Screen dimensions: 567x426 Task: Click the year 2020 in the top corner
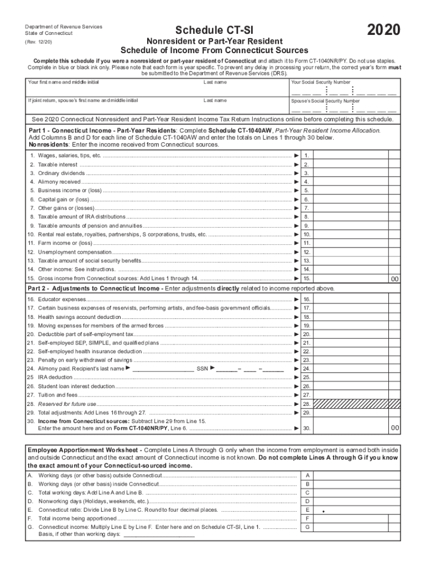(x=383, y=30)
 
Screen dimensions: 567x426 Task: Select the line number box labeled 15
(x=306, y=279)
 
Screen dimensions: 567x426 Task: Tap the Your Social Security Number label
(x=320, y=83)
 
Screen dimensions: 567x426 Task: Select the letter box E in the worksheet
(x=307, y=509)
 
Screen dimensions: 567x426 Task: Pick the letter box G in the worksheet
(x=307, y=527)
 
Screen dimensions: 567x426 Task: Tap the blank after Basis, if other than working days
(x=159, y=535)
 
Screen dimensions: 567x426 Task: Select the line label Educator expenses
(x=61, y=299)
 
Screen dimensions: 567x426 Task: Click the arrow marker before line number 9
(x=297, y=226)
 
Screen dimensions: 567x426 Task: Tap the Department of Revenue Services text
(x=63, y=27)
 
